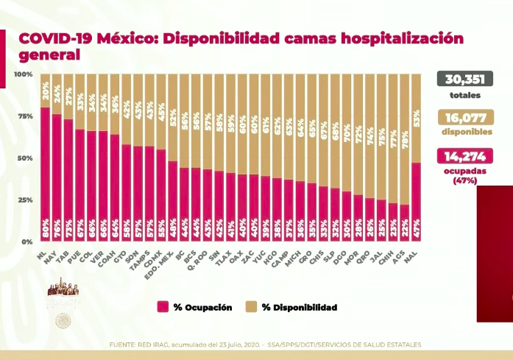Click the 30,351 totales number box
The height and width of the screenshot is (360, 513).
pyautogui.click(x=464, y=80)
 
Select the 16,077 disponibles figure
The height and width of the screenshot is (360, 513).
pyautogui.click(x=464, y=118)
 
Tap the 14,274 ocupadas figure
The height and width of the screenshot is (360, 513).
pyautogui.click(x=464, y=156)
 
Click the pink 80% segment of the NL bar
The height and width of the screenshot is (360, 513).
pyautogui.click(x=46, y=177)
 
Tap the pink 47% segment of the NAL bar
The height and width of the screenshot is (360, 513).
pyautogui.click(x=417, y=202)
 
